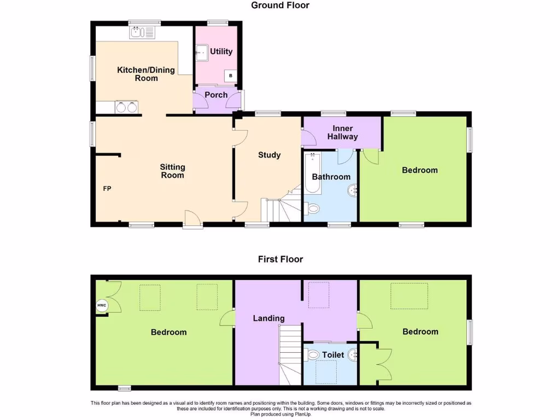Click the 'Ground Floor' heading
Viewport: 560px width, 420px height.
coord(280,5)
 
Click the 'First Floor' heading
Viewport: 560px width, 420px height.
coord(280,259)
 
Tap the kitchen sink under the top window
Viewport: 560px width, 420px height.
coord(142,33)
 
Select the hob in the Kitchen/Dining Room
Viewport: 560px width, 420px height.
coord(126,107)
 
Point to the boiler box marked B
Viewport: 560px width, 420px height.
coord(231,75)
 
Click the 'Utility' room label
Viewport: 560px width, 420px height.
coord(221,51)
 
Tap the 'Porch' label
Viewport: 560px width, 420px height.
coord(216,95)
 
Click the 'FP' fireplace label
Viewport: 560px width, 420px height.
coord(107,189)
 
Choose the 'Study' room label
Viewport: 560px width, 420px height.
coord(269,155)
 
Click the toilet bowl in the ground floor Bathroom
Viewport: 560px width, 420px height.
coord(313,209)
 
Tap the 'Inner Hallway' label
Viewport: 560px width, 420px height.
coord(342,133)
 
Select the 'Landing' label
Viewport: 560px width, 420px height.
coord(269,318)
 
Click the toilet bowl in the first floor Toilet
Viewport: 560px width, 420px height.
coord(313,355)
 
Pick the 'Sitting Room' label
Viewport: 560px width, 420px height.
coord(172,171)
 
